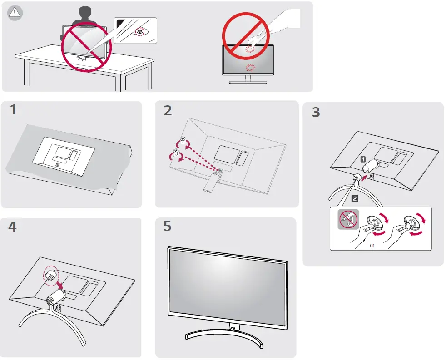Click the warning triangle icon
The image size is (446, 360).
pos(15,13)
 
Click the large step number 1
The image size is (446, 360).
pos(15,111)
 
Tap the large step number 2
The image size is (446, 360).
pos(168,111)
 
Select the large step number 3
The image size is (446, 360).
pos(316,112)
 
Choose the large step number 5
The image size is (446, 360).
pos(168,226)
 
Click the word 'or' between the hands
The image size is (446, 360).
pos(372,246)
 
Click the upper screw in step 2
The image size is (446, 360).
pos(183,139)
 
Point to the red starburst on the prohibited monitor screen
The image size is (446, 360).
pos(249,68)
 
